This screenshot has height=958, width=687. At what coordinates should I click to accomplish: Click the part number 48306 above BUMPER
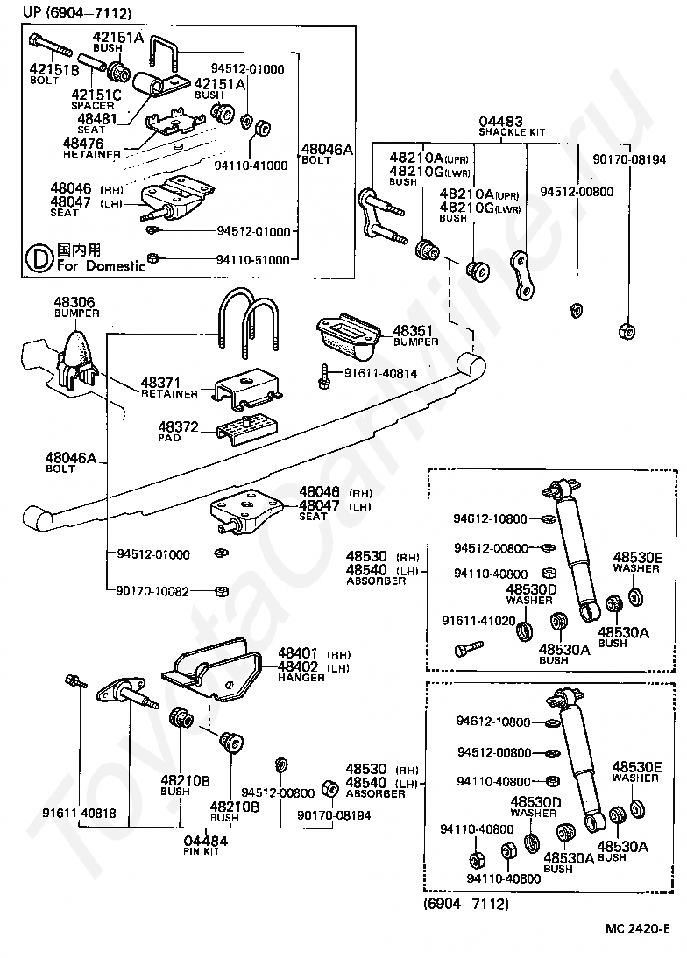point(74,302)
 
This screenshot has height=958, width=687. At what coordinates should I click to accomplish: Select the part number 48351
point(413,330)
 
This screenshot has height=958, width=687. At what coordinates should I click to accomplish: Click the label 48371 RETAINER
point(169,388)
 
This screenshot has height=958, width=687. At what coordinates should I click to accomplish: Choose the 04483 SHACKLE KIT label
point(511,126)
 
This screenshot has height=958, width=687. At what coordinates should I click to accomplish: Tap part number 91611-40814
point(380,373)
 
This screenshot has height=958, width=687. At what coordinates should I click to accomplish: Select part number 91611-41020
point(478,621)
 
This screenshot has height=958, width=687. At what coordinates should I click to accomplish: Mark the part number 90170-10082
point(152,591)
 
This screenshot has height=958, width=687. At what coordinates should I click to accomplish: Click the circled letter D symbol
point(39,259)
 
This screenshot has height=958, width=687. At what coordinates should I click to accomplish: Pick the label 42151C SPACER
point(96,100)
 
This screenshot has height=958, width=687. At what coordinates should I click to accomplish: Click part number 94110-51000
point(252,260)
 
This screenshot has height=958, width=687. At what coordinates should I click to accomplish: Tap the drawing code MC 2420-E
point(638,929)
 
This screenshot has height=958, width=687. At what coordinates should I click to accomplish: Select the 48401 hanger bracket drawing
point(211,670)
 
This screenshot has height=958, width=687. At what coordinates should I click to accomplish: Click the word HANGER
point(301,678)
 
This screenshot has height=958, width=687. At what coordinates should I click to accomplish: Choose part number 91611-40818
point(79,814)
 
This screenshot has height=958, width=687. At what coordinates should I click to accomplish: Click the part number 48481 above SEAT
point(96,118)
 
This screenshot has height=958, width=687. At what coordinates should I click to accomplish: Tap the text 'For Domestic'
point(101,266)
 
